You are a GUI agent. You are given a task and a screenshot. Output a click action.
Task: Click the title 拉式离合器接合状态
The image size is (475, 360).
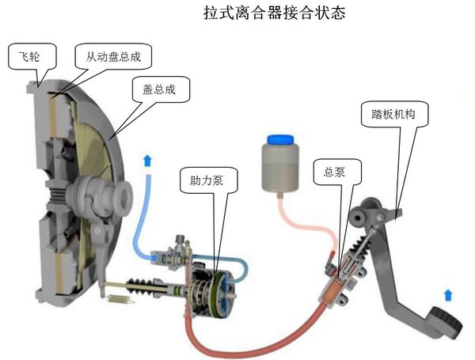click(275, 13)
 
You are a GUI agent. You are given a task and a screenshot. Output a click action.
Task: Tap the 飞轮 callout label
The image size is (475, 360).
click(29, 57)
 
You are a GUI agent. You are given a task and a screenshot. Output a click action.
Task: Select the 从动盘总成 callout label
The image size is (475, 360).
click(113, 57)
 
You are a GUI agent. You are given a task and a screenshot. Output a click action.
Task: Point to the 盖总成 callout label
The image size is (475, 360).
click(159, 89)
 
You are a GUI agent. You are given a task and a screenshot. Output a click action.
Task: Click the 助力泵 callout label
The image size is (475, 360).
click(207, 180)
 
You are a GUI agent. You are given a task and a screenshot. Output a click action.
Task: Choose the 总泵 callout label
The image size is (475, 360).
click(334, 172)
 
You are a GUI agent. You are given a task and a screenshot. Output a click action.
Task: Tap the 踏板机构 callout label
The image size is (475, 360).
click(393, 114)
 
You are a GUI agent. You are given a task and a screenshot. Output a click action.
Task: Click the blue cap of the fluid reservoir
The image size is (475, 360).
click(280, 140)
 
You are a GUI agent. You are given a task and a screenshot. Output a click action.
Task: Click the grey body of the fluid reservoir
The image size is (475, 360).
click(280, 167)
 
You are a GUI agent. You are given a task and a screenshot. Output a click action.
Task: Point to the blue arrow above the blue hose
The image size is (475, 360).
click(148, 161)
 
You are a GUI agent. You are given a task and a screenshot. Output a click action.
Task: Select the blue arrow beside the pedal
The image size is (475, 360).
click(448, 295)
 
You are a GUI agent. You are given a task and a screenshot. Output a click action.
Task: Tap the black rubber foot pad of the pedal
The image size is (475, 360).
click(446, 322)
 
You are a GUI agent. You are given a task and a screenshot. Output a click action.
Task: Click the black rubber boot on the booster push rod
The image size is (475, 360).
click(144, 286)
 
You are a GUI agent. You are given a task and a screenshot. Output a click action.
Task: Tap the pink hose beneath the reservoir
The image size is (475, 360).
click(306, 224)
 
